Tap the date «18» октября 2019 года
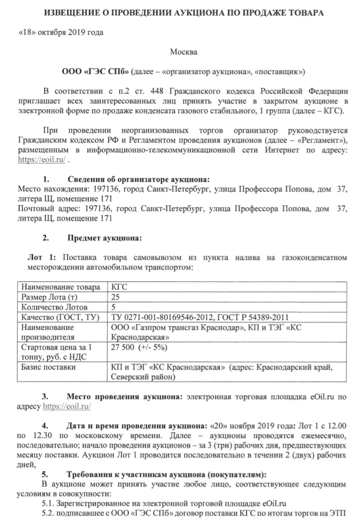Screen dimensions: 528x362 point(61,32)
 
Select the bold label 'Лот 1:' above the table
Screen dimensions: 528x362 point(40,258)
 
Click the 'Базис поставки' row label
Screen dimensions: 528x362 point(48,368)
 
